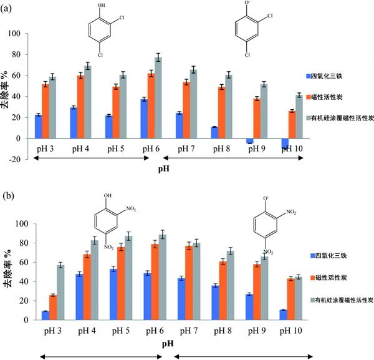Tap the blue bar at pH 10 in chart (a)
[x=268, y=144]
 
